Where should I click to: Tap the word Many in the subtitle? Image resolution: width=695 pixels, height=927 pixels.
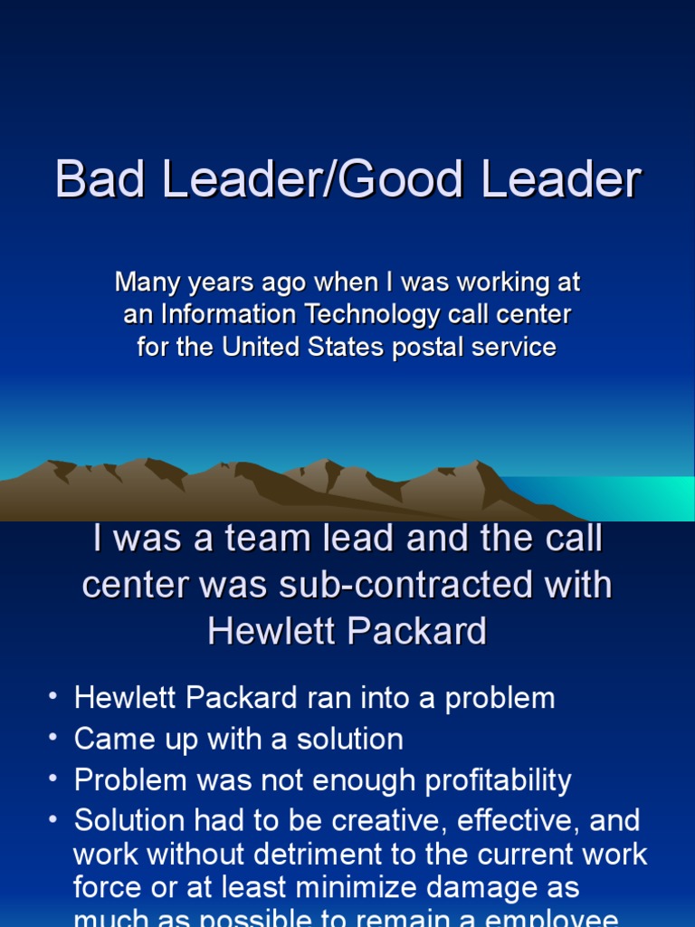(x=147, y=282)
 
